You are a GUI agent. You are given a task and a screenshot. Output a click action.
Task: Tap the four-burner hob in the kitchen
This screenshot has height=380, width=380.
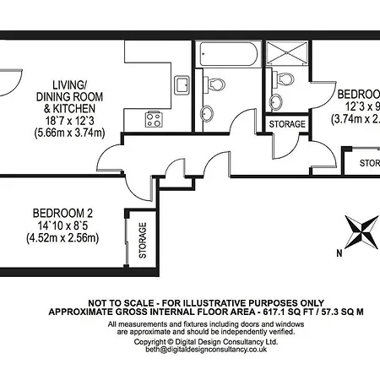pyautogui.click(x=153, y=119)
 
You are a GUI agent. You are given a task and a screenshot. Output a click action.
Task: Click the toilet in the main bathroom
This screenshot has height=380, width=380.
pyautogui.click(x=217, y=84)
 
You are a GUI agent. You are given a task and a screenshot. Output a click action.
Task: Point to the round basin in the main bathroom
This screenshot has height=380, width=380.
pyautogui.click(x=207, y=112)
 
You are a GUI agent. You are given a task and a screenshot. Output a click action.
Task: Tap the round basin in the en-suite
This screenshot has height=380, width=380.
pyautogui.click(x=276, y=102)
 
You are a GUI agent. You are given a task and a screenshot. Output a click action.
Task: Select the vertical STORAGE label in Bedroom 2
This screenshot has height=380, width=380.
pyautogui.click(x=142, y=240)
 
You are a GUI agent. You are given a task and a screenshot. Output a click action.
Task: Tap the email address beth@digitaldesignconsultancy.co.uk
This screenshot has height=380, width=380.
pyautogui.click(x=194, y=349)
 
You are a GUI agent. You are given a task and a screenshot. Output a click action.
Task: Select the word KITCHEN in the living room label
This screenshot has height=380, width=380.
pyautogui.click(x=77, y=110)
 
